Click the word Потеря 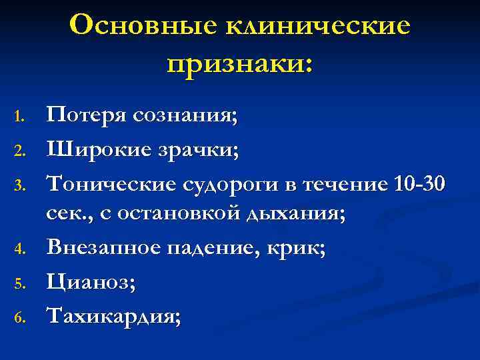87,118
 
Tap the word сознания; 185,118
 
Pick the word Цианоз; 91,282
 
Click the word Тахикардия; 113,315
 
